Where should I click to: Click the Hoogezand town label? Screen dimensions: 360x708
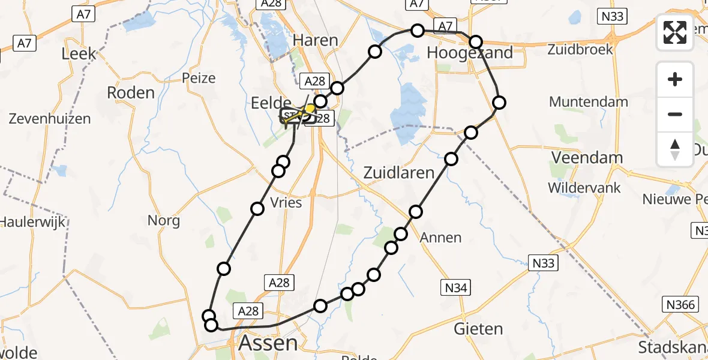470,53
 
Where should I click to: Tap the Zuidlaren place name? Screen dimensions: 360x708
399,173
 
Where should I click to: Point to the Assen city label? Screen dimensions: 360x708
268,343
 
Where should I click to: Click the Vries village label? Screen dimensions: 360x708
286,203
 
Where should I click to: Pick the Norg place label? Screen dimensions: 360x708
164,221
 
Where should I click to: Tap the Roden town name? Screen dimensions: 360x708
131,92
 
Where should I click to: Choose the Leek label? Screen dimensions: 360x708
79,54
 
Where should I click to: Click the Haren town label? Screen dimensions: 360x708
316,40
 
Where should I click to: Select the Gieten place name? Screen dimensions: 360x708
478,329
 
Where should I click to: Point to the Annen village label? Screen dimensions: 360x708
440,238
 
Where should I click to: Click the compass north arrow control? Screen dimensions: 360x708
675,149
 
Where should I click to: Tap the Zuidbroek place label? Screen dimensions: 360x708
580,49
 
